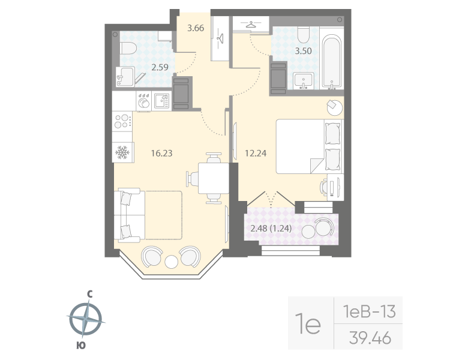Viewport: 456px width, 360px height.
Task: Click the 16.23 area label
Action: point(161,153)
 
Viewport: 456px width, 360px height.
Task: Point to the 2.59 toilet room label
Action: point(160,67)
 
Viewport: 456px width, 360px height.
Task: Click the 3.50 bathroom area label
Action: point(304,50)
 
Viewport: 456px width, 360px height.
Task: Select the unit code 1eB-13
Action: point(367,311)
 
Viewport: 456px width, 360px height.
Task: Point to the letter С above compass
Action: point(89,294)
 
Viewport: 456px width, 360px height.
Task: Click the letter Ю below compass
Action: point(80,344)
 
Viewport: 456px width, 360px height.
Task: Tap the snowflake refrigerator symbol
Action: point(122,152)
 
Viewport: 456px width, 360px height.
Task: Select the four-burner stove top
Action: point(122,121)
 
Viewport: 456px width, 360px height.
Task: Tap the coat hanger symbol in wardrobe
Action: point(251,25)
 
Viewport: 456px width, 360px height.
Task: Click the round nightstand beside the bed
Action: point(334,108)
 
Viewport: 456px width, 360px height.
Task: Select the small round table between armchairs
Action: point(172,262)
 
